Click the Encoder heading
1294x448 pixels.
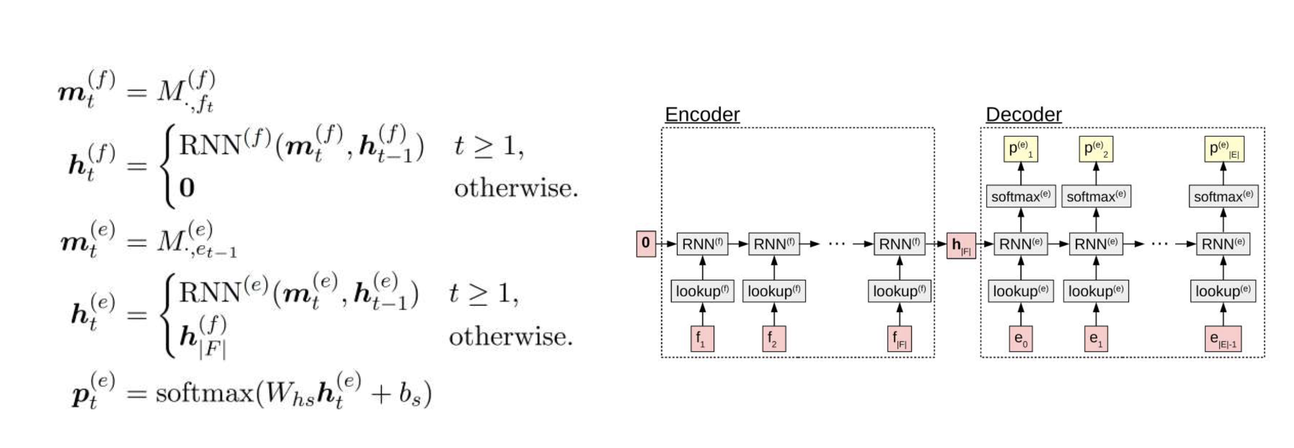[x=702, y=115]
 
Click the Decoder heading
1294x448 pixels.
[x=1023, y=115]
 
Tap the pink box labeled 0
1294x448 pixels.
[x=645, y=243]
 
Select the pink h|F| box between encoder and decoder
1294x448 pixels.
[x=961, y=246]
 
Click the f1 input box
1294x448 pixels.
[x=702, y=339]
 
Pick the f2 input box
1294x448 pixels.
[x=774, y=339]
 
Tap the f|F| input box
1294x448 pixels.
[x=899, y=339]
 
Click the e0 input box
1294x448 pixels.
[x=1021, y=339]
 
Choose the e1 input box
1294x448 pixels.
[x=1096, y=339]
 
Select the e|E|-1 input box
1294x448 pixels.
[x=1223, y=339]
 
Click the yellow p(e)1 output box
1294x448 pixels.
[x=1021, y=149]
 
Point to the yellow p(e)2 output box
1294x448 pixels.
[x=1096, y=149]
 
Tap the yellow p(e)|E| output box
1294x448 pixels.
[x=1224, y=149]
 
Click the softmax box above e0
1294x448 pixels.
[x=1021, y=197]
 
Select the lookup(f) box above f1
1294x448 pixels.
[x=702, y=291]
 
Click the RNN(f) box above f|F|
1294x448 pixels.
[x=899, y=244]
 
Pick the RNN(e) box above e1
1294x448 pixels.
[x=1096, y=244]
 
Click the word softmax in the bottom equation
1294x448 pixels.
[x=204, y=393]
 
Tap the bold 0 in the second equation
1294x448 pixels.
[x=187, y=188]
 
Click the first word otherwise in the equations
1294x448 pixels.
[x=516, y=188]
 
